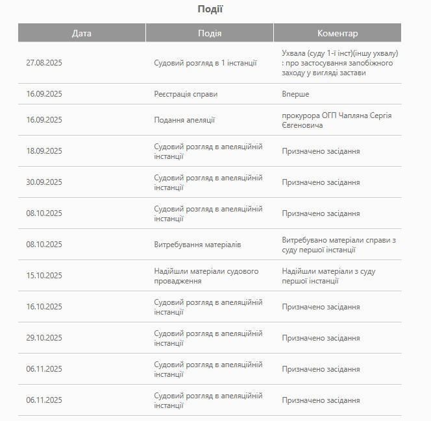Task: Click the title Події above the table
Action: (210, 9)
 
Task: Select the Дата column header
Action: (82, 33)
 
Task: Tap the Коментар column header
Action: (337, 33)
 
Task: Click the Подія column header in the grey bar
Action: (209, 33)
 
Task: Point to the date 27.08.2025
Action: (44, 63)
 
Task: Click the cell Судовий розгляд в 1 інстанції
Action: (205, 63)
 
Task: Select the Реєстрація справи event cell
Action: (186, 94)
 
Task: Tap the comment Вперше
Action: (295, 94)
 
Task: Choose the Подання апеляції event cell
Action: (184, 120)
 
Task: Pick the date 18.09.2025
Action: (44, 151)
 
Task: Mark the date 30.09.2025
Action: (44, 182)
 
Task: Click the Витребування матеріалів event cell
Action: (197, 245)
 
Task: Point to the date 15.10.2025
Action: (44, 276)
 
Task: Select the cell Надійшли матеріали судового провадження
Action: (206, 276)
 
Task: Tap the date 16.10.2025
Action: (44, 307)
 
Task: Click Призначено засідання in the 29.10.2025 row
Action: (321, 338)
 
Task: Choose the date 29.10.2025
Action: (44, 338)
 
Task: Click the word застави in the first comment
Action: (352, 73)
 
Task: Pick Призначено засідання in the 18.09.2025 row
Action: (321, 151)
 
